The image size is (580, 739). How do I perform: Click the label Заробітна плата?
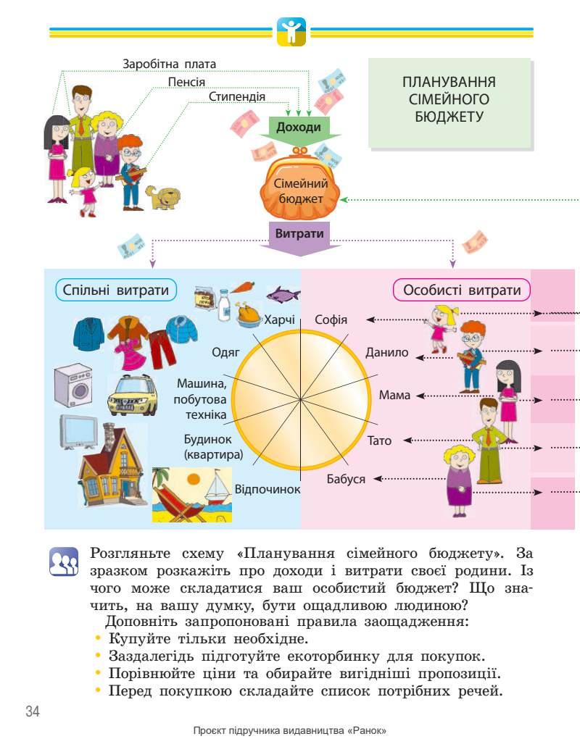click(x=170, y=64)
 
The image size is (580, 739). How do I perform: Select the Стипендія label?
click(x=236, y=96)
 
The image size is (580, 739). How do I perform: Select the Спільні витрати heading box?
click(x=116, y=291)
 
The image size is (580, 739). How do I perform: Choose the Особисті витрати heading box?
click(x=462, y=291)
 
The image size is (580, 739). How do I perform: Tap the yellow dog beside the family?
click(x=162, y=196)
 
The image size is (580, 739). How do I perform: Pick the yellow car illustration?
click(x=132, y=395)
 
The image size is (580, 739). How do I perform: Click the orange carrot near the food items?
click(x=243, y=288)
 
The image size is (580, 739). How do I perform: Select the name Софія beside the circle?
click(x=331, y=320)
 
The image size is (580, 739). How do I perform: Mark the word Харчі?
click(x=280, y=320)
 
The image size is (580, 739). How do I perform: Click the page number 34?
click(x=32, y=710)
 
